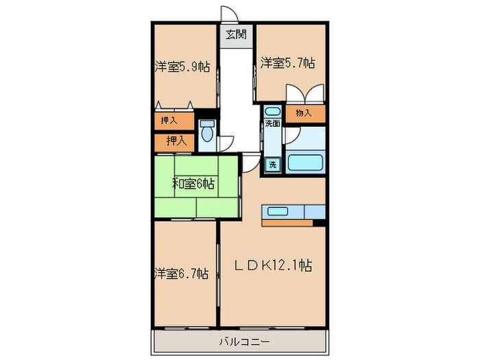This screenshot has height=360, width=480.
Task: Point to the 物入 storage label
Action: pos(304,113)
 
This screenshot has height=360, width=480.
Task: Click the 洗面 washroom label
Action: pos(272,124)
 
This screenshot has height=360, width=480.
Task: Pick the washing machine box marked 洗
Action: pos(272,165)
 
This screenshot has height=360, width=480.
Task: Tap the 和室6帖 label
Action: pos(195,183)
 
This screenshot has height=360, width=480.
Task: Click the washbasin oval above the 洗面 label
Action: pos(272,111)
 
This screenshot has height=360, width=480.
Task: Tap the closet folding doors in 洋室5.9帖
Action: pos(175,106)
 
